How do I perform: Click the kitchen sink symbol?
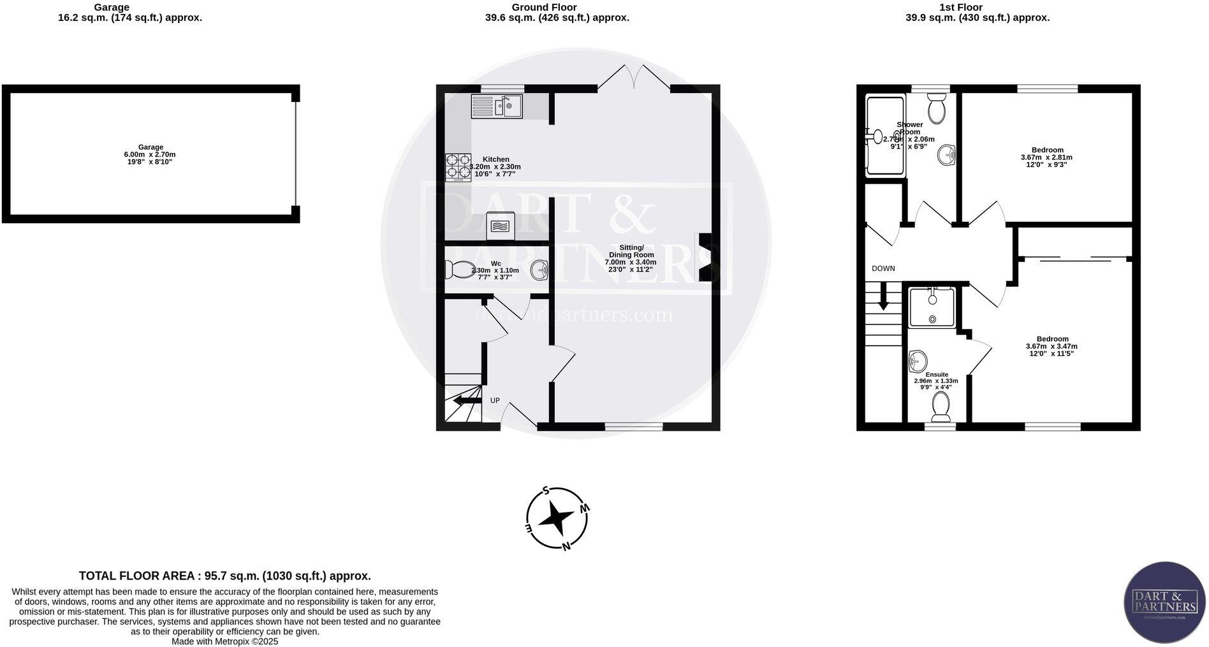point(497,106)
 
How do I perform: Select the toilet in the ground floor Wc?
point(458,270)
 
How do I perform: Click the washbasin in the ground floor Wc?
point(539,270)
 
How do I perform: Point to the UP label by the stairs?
point(495,400)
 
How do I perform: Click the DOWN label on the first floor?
point(883,268)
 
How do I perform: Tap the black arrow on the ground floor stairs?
point(467,400)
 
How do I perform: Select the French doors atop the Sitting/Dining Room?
point(634,78)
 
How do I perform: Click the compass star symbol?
point(556,519)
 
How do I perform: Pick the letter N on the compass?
point(566,546)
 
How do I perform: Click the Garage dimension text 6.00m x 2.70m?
point(150,154)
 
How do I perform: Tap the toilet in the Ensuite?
point(941,407)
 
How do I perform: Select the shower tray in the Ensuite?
point(932,307)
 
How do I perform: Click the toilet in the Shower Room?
point(936,109)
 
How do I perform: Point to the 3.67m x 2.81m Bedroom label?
point(1046,157)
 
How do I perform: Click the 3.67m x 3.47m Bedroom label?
point(1051,346)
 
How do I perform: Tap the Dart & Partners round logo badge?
point(1164,602)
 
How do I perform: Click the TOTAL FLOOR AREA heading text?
point(224,576)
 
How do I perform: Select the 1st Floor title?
point(978,8)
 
